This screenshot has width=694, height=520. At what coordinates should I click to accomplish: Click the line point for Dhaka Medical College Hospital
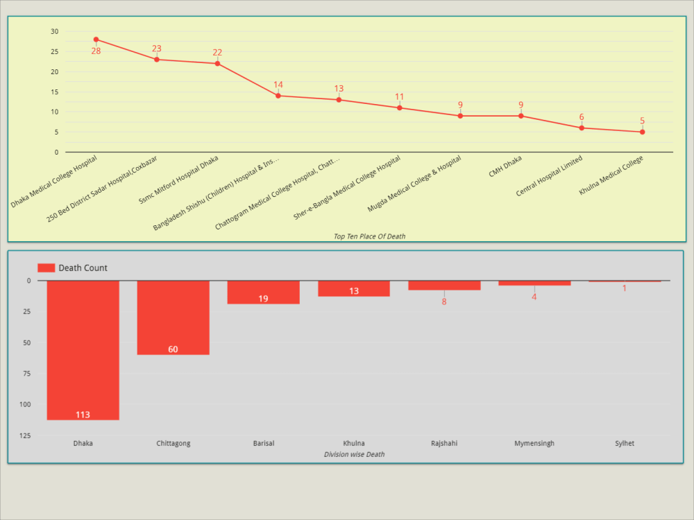96,40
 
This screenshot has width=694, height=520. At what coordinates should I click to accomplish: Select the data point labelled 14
278,96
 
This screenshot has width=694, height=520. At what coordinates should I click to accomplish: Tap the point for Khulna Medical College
642,132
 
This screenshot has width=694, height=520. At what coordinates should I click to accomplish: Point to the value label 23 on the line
157,49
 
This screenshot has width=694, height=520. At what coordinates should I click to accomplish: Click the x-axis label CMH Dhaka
505,167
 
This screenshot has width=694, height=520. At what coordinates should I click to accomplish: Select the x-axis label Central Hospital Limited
549,176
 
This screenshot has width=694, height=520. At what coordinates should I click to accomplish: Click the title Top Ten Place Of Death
369,236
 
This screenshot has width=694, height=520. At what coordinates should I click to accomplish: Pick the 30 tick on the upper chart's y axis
55,31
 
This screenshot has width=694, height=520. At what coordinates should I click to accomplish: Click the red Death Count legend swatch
46,268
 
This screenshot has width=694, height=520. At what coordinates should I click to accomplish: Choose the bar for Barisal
263,291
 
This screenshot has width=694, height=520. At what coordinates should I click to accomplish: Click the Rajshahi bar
444,285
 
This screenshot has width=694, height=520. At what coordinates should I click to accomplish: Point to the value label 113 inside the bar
83,415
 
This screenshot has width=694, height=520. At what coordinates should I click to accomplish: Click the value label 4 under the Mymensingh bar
534,297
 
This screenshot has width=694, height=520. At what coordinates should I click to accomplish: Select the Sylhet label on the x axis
625,443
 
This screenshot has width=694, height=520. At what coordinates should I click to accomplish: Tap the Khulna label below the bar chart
354,443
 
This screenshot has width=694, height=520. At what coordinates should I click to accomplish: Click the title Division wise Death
354,454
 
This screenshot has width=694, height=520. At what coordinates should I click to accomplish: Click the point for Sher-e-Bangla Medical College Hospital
400,107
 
